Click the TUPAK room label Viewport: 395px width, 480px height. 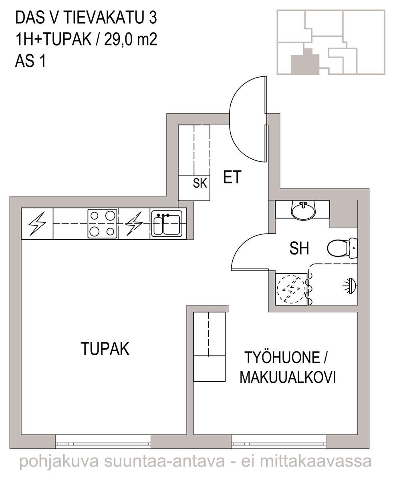pos(105,349)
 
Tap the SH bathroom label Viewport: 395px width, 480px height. pos(299,248)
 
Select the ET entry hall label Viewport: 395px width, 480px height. pos(232,177)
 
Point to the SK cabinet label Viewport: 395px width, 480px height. pos(200,183)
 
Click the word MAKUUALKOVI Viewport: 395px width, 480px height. pos(288,377)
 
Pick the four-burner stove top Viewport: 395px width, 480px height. pos(103,224)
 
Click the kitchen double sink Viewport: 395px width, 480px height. pos(167,224)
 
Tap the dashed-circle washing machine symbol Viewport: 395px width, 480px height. pos(291,289)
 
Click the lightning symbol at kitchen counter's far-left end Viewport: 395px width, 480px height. pos(37,224)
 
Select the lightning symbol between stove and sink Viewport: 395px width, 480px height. pos(134,224)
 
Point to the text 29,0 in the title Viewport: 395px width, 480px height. pos(118,39)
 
